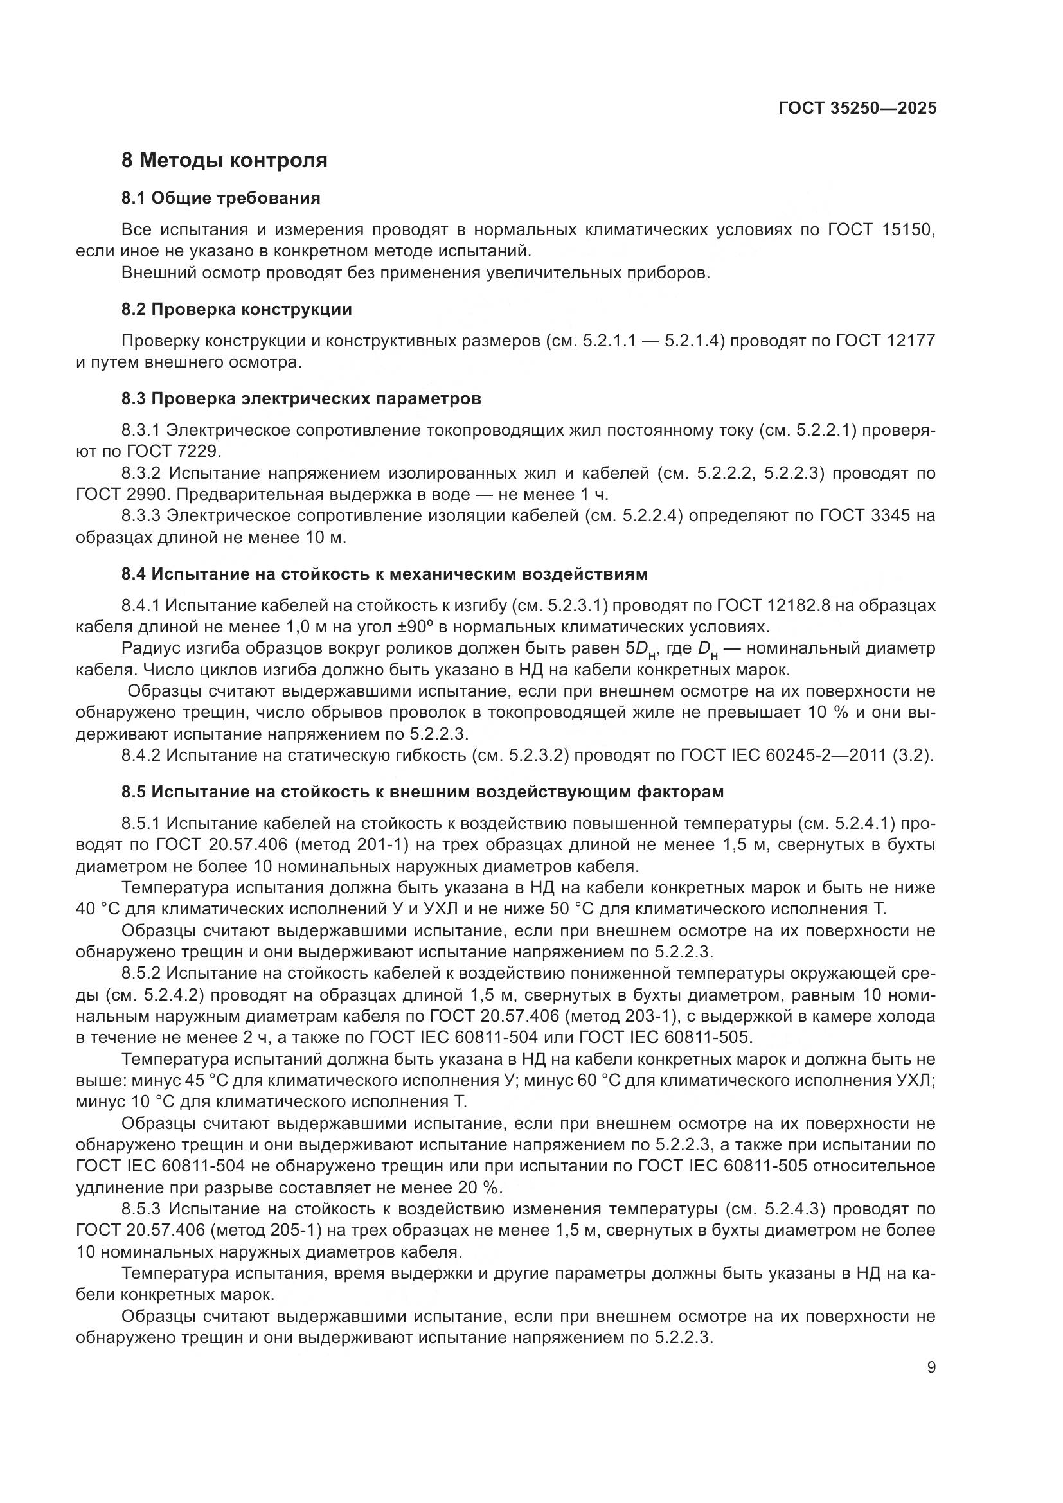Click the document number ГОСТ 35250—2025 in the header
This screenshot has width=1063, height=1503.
857,108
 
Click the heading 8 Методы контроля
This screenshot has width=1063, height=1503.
224,160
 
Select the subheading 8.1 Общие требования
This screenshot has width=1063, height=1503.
220,199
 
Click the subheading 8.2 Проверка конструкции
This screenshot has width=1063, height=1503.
237,310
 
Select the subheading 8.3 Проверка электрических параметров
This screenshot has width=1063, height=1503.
301,399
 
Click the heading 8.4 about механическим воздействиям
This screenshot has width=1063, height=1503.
384,574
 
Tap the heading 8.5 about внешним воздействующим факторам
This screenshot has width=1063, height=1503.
422,793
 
